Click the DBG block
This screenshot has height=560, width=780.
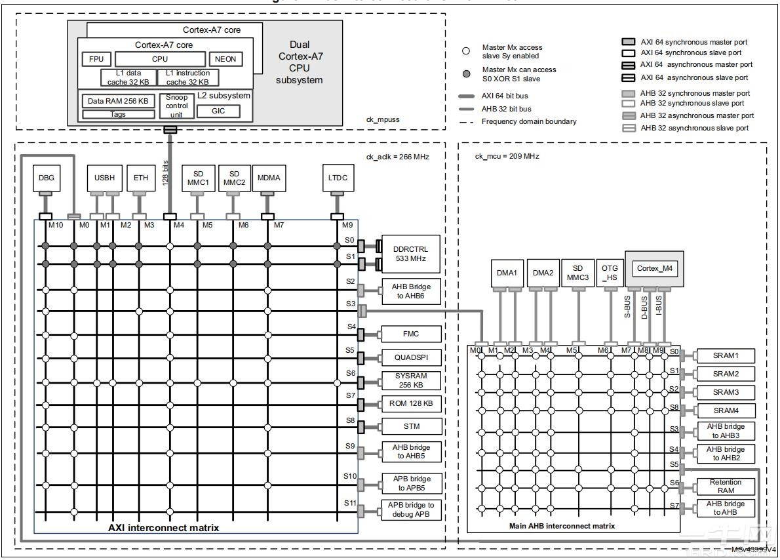click(x=47, y=178)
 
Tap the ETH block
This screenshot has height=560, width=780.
click(x=140, y=178)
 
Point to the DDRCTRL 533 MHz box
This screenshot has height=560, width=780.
click(x=411, y=254)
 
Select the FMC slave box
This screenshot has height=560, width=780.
click(x=411, y=334)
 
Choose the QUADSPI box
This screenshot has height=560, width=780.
click(x=411, y=358)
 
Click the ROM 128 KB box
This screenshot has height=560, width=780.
click(x=411, y=403)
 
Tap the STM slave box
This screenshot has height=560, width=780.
click(x=411, y=426)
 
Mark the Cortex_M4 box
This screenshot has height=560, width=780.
click(x=653, y=269)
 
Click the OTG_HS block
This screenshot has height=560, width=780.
click(x=610, y=273)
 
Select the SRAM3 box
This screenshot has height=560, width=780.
click(x=726, y=392)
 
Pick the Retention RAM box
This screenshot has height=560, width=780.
click(x=726, y=486)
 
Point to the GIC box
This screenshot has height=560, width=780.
click(x=218, y=111)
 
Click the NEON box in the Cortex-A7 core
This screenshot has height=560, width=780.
click(x=225, y=59)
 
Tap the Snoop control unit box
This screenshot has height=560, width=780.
click(x=177, y=106)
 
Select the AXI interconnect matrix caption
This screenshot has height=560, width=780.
click(x=163, y=527)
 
